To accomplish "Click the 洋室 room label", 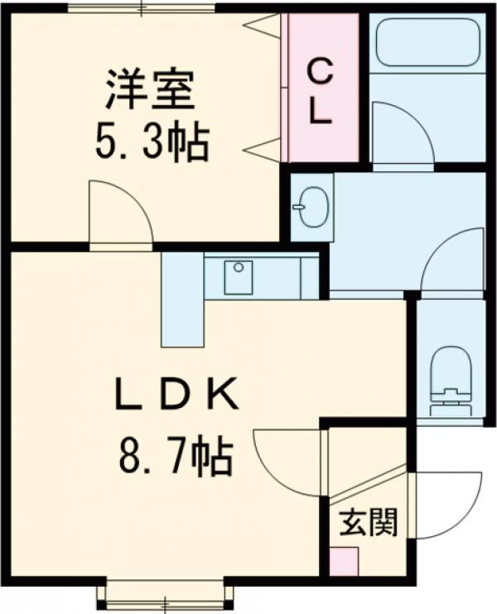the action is click(x=150, y=89).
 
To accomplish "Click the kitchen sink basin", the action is click(x=239, y=277).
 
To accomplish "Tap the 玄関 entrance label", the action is click(x=369, y=522).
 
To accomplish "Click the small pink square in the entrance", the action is click(x=344, y=562).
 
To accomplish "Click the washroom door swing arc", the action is click(x=436, y=247).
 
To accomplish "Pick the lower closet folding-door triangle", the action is click(x=263, y=149).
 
